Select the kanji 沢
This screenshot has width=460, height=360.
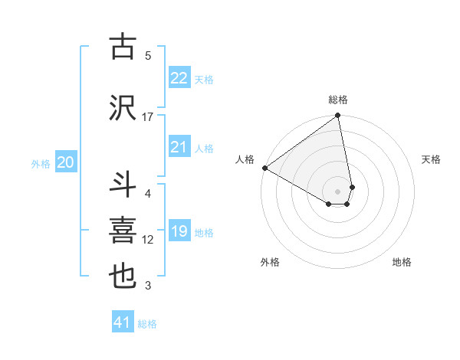pyautogui.click(x=123, y=107)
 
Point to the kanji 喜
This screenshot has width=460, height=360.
pyautogui.click(x=123, y=231)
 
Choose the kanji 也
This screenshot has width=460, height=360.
pyautogui.click(x=123, y=277)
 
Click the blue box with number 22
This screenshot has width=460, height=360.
pyautogui.click(x=179, y=77)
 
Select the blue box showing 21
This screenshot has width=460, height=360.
pyautogui.click(x=179, y=147)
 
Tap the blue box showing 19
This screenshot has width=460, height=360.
pyautogui.click(x=179, y=231)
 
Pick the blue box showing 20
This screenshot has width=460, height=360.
pyautogui.click(x=66, y=162)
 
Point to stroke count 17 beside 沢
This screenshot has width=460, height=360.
pyautogui.click(x=148, y=116)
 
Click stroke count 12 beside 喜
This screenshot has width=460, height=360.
pyautogui.click(x=148, y=240)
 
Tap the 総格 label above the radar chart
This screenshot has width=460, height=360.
pyautogui.click(x=338, y=100)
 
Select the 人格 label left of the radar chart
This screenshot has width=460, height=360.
pyautogui.click(x=245, y=159)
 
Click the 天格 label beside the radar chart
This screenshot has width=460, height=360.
pyautogui.click(x=432, y=159)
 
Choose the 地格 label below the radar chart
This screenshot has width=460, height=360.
pyautogui.click(x=402, y=262)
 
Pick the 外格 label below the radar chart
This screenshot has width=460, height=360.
pyautogui.click(x=270, y=262)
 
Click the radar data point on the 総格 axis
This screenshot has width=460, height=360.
pyautogui.click(x=338, y=116)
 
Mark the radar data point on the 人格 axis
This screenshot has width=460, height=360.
pyautogui.click(x=264, y=167)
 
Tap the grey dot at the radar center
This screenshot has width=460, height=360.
pyautogui.click(x=338, y=191)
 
